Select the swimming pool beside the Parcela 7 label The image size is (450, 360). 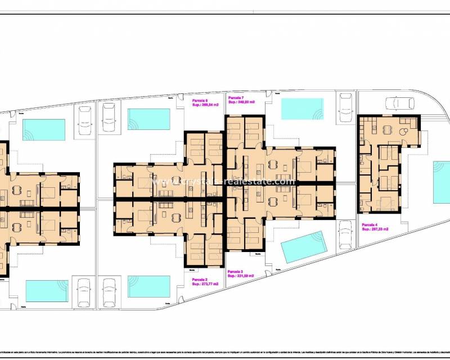303,109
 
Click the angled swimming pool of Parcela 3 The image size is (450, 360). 304,246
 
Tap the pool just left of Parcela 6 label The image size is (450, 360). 149,119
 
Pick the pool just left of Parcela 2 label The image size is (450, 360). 149,286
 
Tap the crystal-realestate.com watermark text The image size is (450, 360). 224,182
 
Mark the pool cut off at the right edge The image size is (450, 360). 442,183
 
